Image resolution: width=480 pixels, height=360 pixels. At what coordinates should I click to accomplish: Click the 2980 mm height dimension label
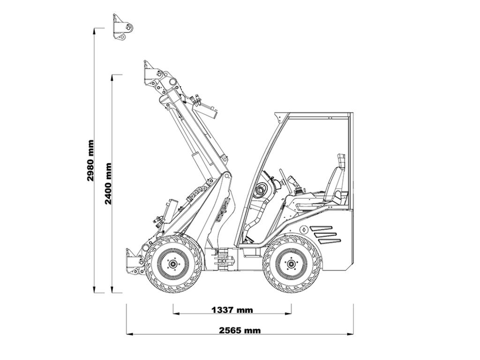pyautogui.click(x=90, y=161)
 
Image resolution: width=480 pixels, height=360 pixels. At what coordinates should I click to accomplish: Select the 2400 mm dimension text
pyautogui.click(x=108, y=183)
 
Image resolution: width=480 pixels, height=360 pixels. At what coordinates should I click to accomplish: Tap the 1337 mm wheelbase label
pyautogui.click(x=232, y=310)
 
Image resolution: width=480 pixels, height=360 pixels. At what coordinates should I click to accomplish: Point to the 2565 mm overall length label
pyautogui.click(x=240, y=330)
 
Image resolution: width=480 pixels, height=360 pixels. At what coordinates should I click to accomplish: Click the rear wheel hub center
pyautogui.click(x=291, y=264)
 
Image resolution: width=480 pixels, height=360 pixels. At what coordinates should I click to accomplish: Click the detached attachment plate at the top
pyautogui.click(x=122, y=28)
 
